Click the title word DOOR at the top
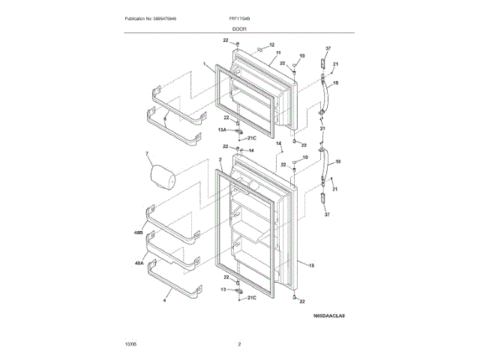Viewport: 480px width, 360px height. coord(239,28)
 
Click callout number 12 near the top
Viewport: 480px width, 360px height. coord(271,45)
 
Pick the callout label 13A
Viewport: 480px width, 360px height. coord(223,130)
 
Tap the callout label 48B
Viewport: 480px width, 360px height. coord(138,235)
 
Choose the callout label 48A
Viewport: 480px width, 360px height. coord(138,263)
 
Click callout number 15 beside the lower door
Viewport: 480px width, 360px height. coord(310,265)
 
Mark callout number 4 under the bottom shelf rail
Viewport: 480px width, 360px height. coord(164,300)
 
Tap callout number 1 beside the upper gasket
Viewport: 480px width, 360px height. coord(204,65)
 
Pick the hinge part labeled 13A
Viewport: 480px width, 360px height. coord(238,130)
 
